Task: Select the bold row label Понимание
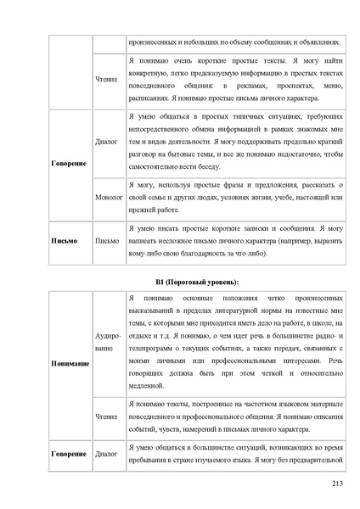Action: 70,363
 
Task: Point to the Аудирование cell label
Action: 107,342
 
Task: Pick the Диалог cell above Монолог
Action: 107,142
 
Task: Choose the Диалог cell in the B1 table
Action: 107,454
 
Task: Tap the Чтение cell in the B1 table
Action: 107,417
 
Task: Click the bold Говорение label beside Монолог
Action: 68,162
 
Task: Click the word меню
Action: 334,86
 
